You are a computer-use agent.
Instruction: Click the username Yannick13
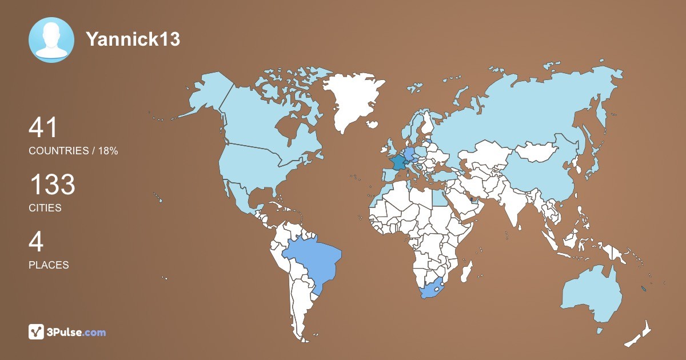133,39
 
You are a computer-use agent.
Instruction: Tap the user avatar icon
51,40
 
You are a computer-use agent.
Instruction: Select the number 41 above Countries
43,128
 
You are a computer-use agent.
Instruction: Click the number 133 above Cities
52,185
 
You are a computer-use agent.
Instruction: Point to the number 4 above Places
36,242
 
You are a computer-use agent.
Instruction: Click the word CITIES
45,208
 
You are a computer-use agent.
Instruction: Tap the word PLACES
49,265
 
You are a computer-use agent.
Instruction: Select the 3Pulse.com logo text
77,332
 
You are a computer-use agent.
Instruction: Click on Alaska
206,97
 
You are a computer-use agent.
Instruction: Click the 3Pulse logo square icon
37,331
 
